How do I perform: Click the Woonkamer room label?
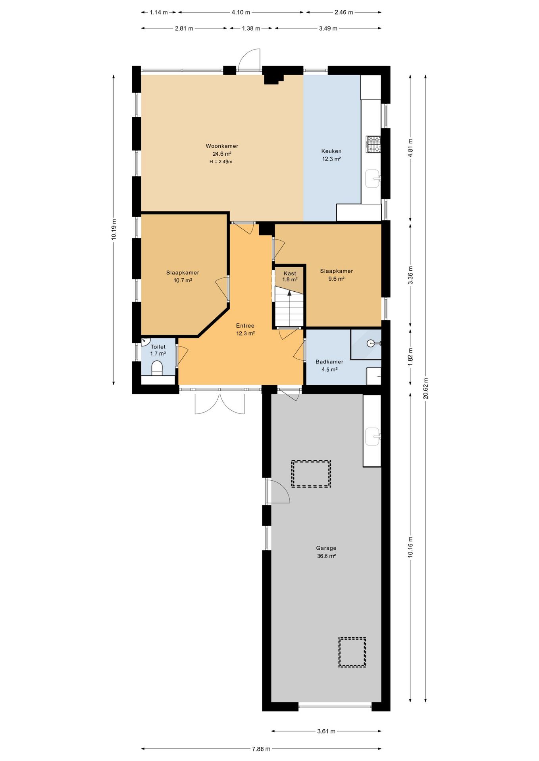click(222, 146)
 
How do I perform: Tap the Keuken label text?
click(331, 151)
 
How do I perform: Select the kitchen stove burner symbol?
click(373, 144)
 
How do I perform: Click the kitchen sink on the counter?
click(373, 178)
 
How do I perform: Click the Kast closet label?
click(290, 273)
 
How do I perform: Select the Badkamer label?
click(329, 361)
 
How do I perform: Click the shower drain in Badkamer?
click(371, 343)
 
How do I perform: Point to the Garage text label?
click(326, 548)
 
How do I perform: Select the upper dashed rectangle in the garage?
click(311, 474)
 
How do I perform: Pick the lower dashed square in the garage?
click(352, 652)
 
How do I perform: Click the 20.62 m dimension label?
click(425, 388)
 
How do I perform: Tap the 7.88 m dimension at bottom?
click(261, 749)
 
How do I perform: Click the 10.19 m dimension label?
click(114, 229)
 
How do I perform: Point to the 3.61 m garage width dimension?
click(326, 731)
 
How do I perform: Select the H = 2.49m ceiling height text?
click(221, 162)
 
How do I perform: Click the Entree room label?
click(245, 326)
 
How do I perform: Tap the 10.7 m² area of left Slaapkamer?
click(183, 280)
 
